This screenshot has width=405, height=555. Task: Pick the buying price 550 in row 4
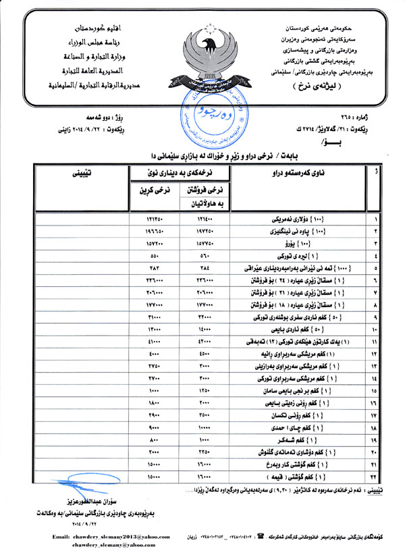(x=152, y=257)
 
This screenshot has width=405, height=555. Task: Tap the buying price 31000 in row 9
(x=152, y=317)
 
